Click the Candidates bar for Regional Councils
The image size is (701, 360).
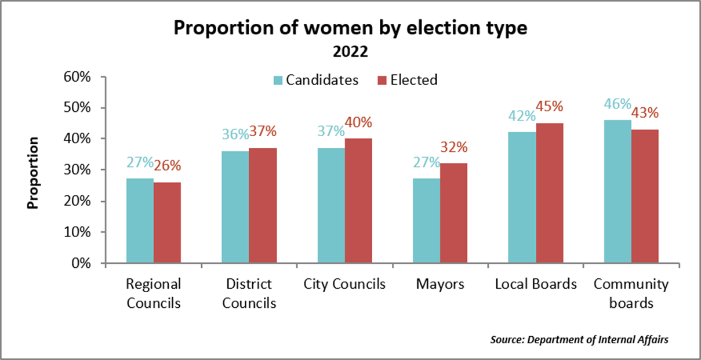coord(140,221)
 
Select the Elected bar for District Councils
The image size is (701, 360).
coord(263,206)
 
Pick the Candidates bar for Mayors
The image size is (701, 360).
coord(426,221)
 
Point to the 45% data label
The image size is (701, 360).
coord(550,107)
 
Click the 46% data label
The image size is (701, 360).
coord(617,104)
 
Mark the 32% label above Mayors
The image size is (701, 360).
coord(454,147)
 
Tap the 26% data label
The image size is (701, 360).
coord(168,166)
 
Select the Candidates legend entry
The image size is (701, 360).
coord(316,80)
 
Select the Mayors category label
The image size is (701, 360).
coord(440,285)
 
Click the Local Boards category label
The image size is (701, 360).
coord(536,285)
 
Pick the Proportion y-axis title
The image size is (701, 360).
coord(34,172)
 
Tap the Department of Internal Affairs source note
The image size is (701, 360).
coord(579,340)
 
